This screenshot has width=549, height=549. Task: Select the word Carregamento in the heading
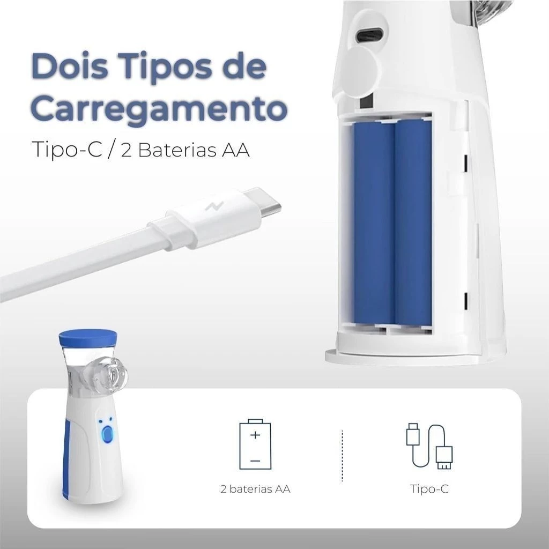(159, 108)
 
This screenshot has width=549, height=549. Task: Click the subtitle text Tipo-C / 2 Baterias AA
(140, 149)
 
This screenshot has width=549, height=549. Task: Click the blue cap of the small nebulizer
(87, 337)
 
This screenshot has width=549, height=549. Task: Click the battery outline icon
(255, 445)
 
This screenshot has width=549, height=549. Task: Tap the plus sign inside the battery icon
(255, 434)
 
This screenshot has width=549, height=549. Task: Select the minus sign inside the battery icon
(255, 460)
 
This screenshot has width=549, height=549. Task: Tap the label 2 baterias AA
(255, 489)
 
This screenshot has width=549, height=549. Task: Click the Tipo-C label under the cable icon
(429, 489)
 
